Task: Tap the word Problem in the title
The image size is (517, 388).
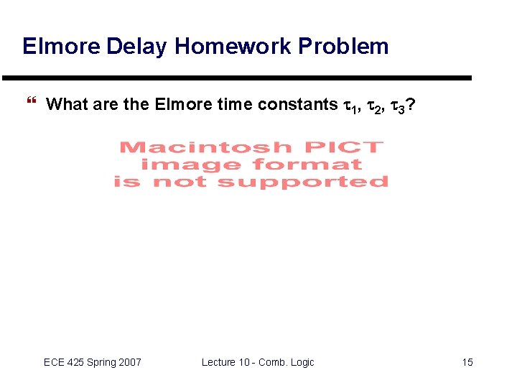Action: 343,47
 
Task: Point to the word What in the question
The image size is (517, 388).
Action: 67,104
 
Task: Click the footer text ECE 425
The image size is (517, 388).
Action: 65,362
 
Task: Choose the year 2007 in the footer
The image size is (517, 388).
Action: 130,362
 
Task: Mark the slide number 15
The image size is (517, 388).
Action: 467,362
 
